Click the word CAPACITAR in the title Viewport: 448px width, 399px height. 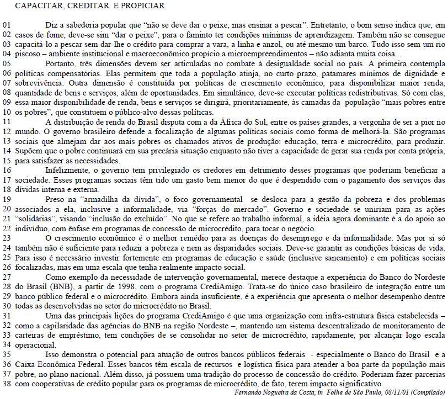point(38,6)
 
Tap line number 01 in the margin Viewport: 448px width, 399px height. point(6,25)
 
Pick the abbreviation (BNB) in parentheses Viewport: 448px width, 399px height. point(41,288)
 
